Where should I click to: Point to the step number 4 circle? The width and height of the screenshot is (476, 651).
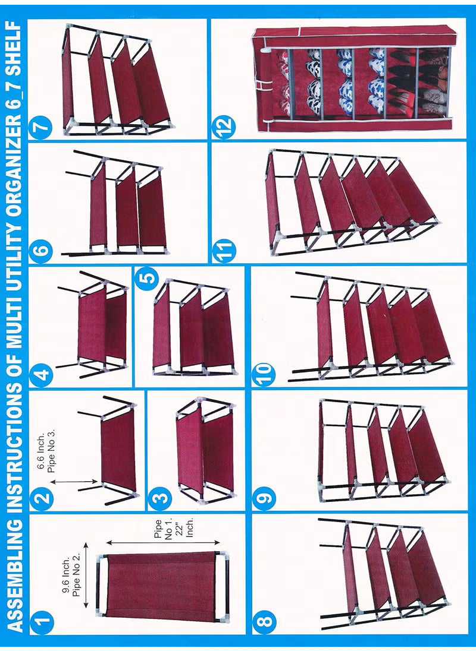pos(43,375)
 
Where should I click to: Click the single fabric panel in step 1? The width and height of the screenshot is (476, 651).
pos(161,585)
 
